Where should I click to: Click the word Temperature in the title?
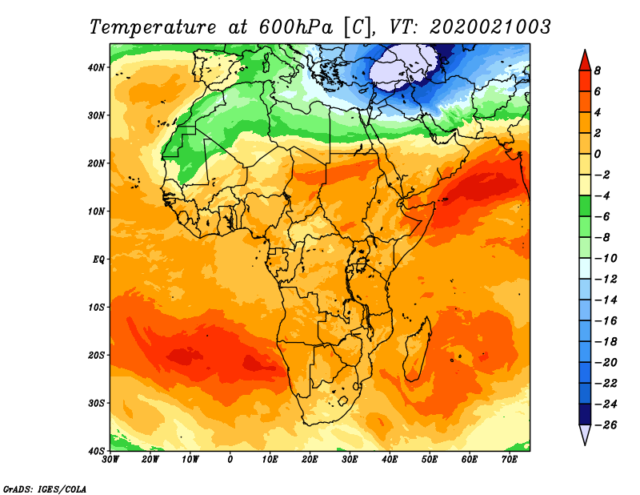[152, 27]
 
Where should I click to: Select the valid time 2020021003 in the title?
[490, 27]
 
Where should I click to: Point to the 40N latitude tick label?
[96, 67]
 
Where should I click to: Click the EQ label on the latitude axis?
[98, 260]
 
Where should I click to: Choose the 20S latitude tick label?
[96, 355]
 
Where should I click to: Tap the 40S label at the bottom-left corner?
[96, 451]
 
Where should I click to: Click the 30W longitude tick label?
[110, 460]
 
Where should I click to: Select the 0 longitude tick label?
[230, 460]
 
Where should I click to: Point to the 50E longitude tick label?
[430, 460]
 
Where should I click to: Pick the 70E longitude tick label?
[510, 460]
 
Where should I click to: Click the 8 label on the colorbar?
[598, 70]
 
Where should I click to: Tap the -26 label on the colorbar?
[606, 425]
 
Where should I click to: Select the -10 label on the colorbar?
[606, 259]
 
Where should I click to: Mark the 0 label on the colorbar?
[598, 154]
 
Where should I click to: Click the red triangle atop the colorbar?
[585, 62]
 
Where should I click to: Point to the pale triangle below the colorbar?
[585, 434]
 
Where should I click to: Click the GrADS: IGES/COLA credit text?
[45, 489]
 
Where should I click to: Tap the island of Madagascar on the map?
[417, 349]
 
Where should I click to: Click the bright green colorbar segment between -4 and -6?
[585, 206]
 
